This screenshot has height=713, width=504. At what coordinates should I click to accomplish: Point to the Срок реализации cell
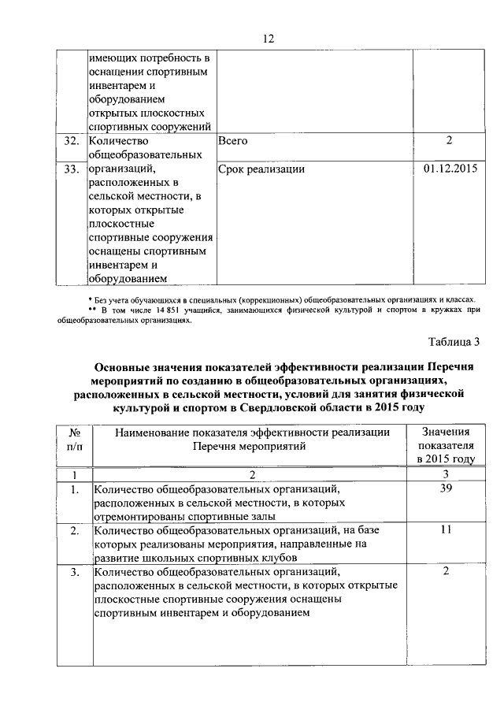tap(261, 169)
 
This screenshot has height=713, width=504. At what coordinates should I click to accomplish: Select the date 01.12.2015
tap(450, 169)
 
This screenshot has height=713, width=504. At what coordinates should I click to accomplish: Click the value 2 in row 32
tap(447, 141)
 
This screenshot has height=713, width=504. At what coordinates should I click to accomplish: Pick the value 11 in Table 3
tap(447, 531)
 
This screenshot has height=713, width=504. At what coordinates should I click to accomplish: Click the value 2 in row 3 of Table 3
tap(447, 570)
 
